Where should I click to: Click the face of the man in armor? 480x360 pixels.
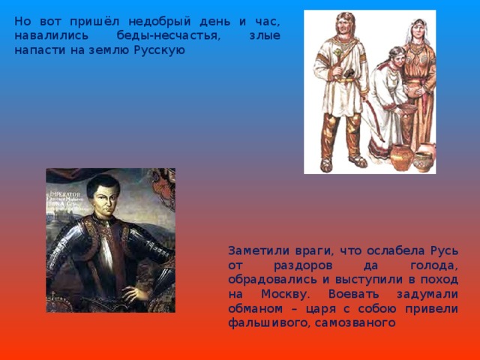(103, 202)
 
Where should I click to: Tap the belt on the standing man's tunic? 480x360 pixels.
(341, 77)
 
